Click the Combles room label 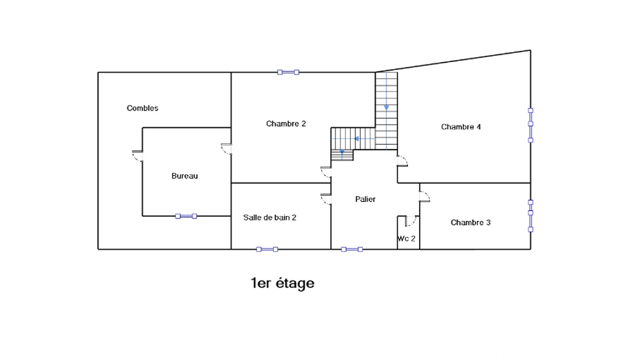point(143,108)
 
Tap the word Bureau point(184,176)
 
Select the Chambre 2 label point(286,124)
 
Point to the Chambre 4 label point(461,127)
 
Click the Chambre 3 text point(471,223)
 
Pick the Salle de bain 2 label point(270,217)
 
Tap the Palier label point(365,199)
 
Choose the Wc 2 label point(407,238)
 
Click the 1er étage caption point(283,283)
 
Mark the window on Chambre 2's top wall point(288,72)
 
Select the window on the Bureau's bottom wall point(186,216)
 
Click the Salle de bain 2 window point(267,250)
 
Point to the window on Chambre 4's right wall point(531,125)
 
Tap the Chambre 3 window point(531,216)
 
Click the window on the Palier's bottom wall point(351,250)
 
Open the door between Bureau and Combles point(137,156)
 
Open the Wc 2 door point(410,221)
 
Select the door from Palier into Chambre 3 point(425,196)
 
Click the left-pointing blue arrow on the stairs point(357,138)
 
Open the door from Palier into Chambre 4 point(402,161)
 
